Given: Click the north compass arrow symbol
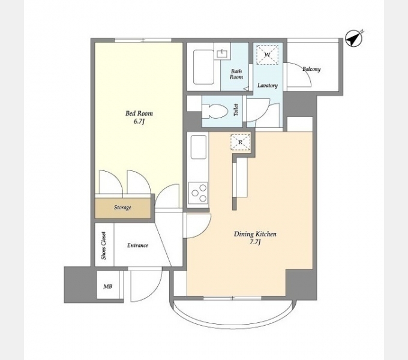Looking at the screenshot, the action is click(x=354, y=39).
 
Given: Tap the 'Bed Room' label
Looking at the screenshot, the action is click(x=139, y=113).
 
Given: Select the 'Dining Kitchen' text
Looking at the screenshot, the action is click(x=255, y=234).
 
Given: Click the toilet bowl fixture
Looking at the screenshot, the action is click(x=215, y=111).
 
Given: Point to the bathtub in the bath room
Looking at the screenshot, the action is click(x=203, y=67).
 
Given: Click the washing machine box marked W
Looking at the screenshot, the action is click(x=267, y=55).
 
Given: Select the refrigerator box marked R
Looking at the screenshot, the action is click(x=240, y=142).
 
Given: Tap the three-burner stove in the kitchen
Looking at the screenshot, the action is click(x=198, y=193).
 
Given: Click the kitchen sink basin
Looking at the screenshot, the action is click(x=199, y=147).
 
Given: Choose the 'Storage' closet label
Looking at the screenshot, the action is click(x=122, y=208).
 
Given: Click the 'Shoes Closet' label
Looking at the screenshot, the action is click(x=104, y=245).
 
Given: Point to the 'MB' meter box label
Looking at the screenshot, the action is click(x=108, y=286).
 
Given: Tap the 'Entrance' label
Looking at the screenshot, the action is click(x=137, y=245).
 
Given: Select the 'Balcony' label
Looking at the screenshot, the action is click(x=311, y=69).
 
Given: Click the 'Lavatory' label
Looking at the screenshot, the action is click(x=268, y=85).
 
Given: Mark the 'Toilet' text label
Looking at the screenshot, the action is click(x=236, y=110).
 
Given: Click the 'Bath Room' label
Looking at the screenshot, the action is click(x=236, y=74).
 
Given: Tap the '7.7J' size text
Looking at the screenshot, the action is click(x=255, y=242).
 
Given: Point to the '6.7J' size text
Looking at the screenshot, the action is click(x=139, y=121).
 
